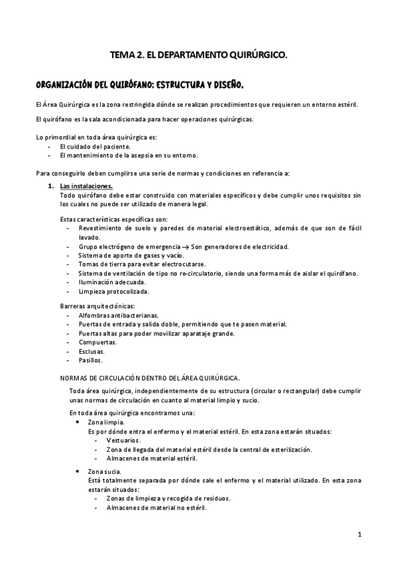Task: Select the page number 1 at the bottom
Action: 359,534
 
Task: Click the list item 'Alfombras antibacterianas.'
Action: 113,315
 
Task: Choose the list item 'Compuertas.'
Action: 97,342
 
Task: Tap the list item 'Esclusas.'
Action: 93,351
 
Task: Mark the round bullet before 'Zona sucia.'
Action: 79,471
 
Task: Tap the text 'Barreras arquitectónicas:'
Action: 97,306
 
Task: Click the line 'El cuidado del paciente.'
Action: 95,146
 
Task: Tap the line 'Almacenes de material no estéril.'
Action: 156,508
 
